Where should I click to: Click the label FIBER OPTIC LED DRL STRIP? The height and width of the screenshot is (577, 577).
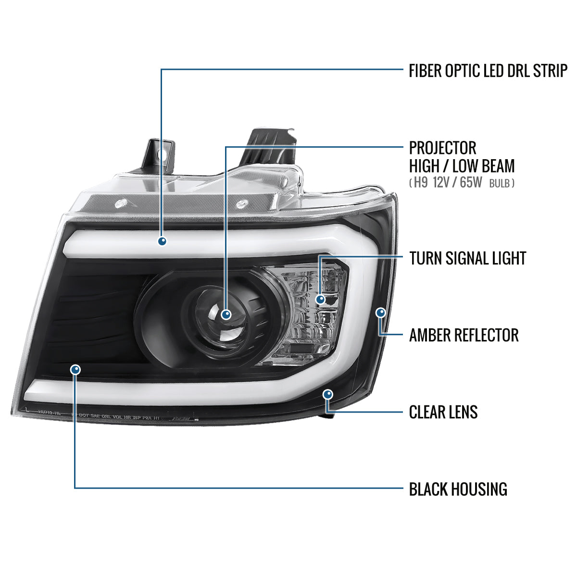(488, 71)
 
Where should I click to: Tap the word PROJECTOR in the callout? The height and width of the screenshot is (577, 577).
(442, 148)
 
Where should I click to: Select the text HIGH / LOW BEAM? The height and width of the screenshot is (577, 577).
(462, 166)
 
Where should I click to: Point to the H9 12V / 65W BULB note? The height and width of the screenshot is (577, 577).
(462, 183)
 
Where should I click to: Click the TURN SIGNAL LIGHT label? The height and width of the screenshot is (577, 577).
(467, 258)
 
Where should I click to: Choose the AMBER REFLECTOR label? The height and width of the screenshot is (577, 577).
(464, 335)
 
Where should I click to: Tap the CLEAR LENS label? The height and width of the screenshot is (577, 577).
(443, 412)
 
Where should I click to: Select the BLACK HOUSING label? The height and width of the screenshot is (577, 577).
(458, 489)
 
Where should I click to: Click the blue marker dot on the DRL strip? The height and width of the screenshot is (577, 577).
(162, 241)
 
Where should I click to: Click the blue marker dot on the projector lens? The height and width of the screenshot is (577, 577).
(226, 314)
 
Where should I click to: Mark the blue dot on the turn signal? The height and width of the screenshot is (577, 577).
(320, 300)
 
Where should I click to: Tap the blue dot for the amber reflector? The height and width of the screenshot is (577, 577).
(381, 313)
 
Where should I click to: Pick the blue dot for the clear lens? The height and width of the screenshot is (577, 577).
(328, 394)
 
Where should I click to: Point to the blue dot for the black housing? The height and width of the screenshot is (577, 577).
(75, 369)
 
